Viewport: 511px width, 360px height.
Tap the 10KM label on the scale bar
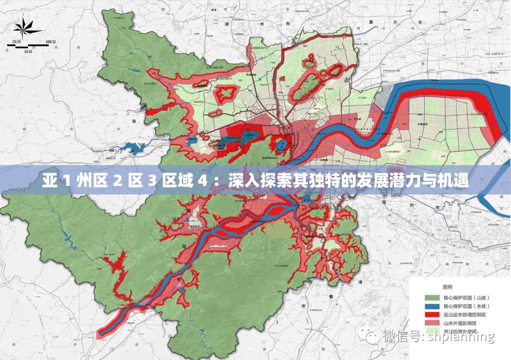(51, 42)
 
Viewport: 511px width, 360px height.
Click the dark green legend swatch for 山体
(433, 298)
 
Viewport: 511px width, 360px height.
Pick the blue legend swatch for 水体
(433, 306)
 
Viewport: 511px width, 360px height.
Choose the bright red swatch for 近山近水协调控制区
(433, 315)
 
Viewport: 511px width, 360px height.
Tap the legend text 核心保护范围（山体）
(467, 298)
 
